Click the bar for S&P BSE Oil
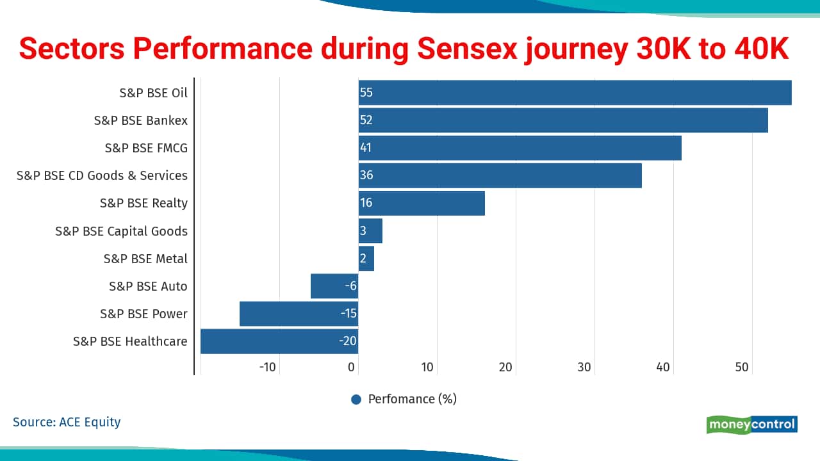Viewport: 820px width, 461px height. pos(575,93)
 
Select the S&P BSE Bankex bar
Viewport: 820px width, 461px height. pos(563,120)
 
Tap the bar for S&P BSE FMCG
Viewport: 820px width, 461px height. pos(520,148)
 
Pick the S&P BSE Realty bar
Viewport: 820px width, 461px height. pos(422,203)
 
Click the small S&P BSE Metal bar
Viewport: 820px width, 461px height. pos(366,259)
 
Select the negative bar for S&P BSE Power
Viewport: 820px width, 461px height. pos(299,314)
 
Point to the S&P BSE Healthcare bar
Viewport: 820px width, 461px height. pos(279,341)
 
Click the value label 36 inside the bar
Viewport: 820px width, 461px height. pos(366,175)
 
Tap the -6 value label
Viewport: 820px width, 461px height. pos(350,286)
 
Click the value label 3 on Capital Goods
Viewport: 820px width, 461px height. pos(363,231)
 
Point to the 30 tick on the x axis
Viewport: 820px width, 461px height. pos(584,368)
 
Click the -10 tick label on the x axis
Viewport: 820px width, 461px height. pos(267,368)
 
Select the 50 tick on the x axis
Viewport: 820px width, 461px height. pos(742,368)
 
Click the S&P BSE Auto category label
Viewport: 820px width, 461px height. pos(148,286)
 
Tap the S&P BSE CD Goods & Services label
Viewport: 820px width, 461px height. pos(102,175)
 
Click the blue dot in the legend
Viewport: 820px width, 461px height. pos(357,400)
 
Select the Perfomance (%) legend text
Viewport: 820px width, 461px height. pos(412,400)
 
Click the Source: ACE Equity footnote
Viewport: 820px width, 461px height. pos(67,422)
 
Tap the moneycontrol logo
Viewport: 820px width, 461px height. pos(752,425)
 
